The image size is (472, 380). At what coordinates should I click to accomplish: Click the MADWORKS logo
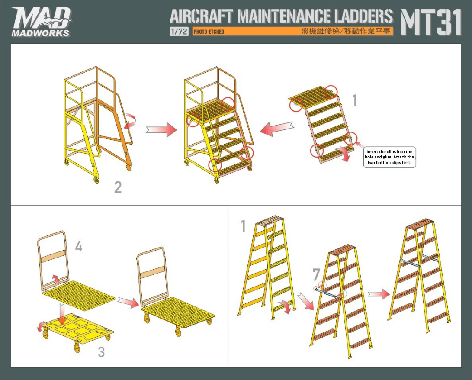coord(41,22)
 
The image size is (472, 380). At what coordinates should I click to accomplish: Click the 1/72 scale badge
coord(179,31)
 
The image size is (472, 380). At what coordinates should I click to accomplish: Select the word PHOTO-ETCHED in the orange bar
coord(209,32)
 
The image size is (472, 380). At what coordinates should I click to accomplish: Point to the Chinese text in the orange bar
coord(346,31)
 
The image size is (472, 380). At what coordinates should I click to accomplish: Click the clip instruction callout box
coord(389,157)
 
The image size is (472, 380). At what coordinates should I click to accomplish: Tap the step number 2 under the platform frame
coord(118,187)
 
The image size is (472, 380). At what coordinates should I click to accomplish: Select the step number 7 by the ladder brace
coord(316,274)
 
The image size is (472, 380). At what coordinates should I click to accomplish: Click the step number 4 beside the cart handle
coord(78,246)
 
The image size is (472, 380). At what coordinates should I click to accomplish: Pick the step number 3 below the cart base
coord(101,352)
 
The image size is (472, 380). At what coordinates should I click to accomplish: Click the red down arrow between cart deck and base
coord(62,314)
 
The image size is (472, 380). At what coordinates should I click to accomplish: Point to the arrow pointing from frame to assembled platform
coord(161,129)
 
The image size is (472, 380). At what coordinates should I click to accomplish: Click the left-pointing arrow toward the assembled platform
coord(276,129)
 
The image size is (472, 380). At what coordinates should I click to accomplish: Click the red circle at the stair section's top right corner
coord(331,93)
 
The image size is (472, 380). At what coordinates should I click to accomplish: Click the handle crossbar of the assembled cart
coord(152,271)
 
